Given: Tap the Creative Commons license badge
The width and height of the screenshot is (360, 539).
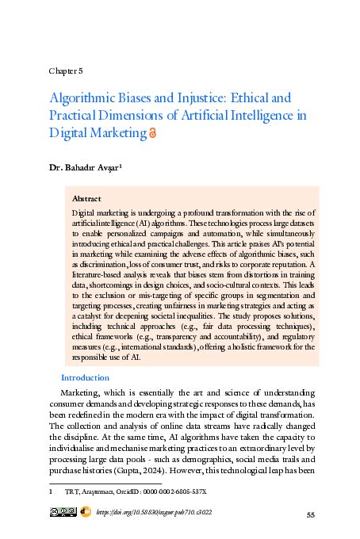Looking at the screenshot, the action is coord(63,513).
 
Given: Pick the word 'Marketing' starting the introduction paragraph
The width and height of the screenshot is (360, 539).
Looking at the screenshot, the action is coord(82,394).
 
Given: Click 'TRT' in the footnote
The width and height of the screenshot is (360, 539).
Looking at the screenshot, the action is coord(70,491).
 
